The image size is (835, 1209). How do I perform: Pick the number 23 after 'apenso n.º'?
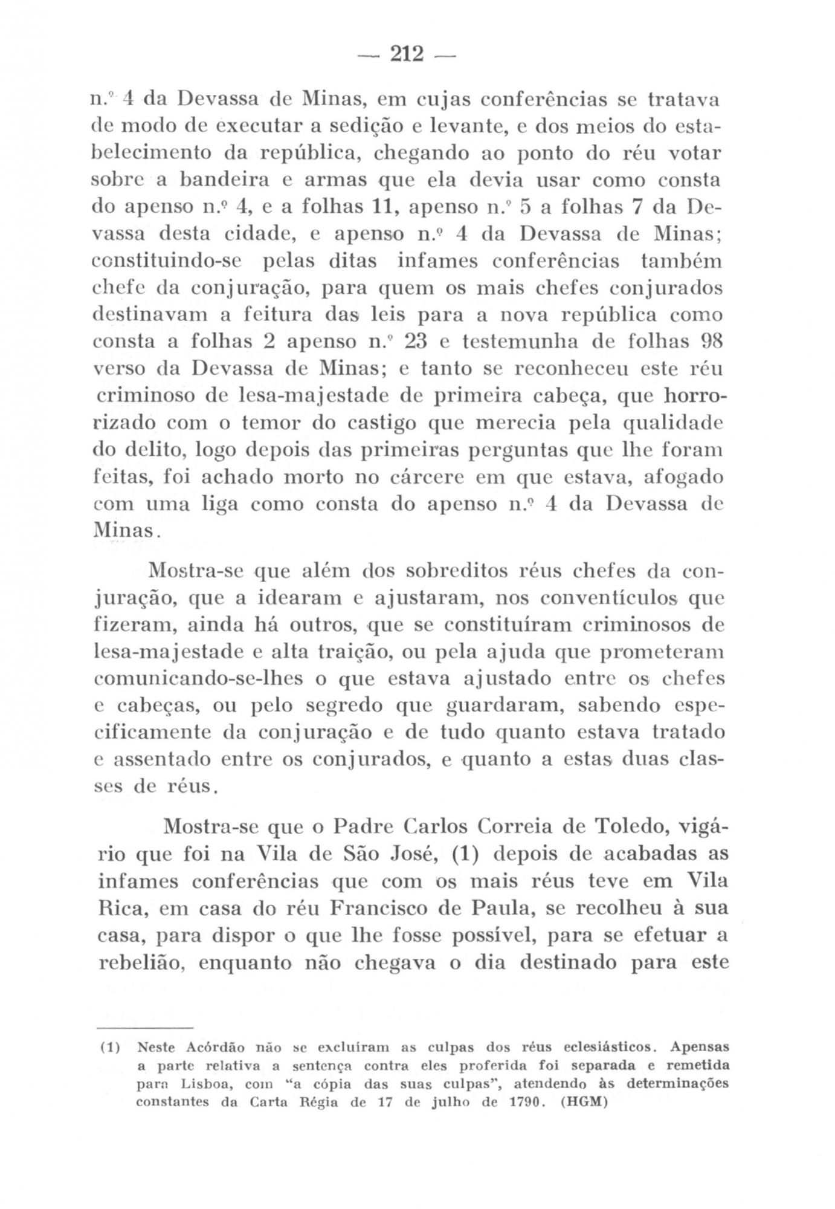click(417, 342)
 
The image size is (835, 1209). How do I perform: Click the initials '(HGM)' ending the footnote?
click(582, 1101)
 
